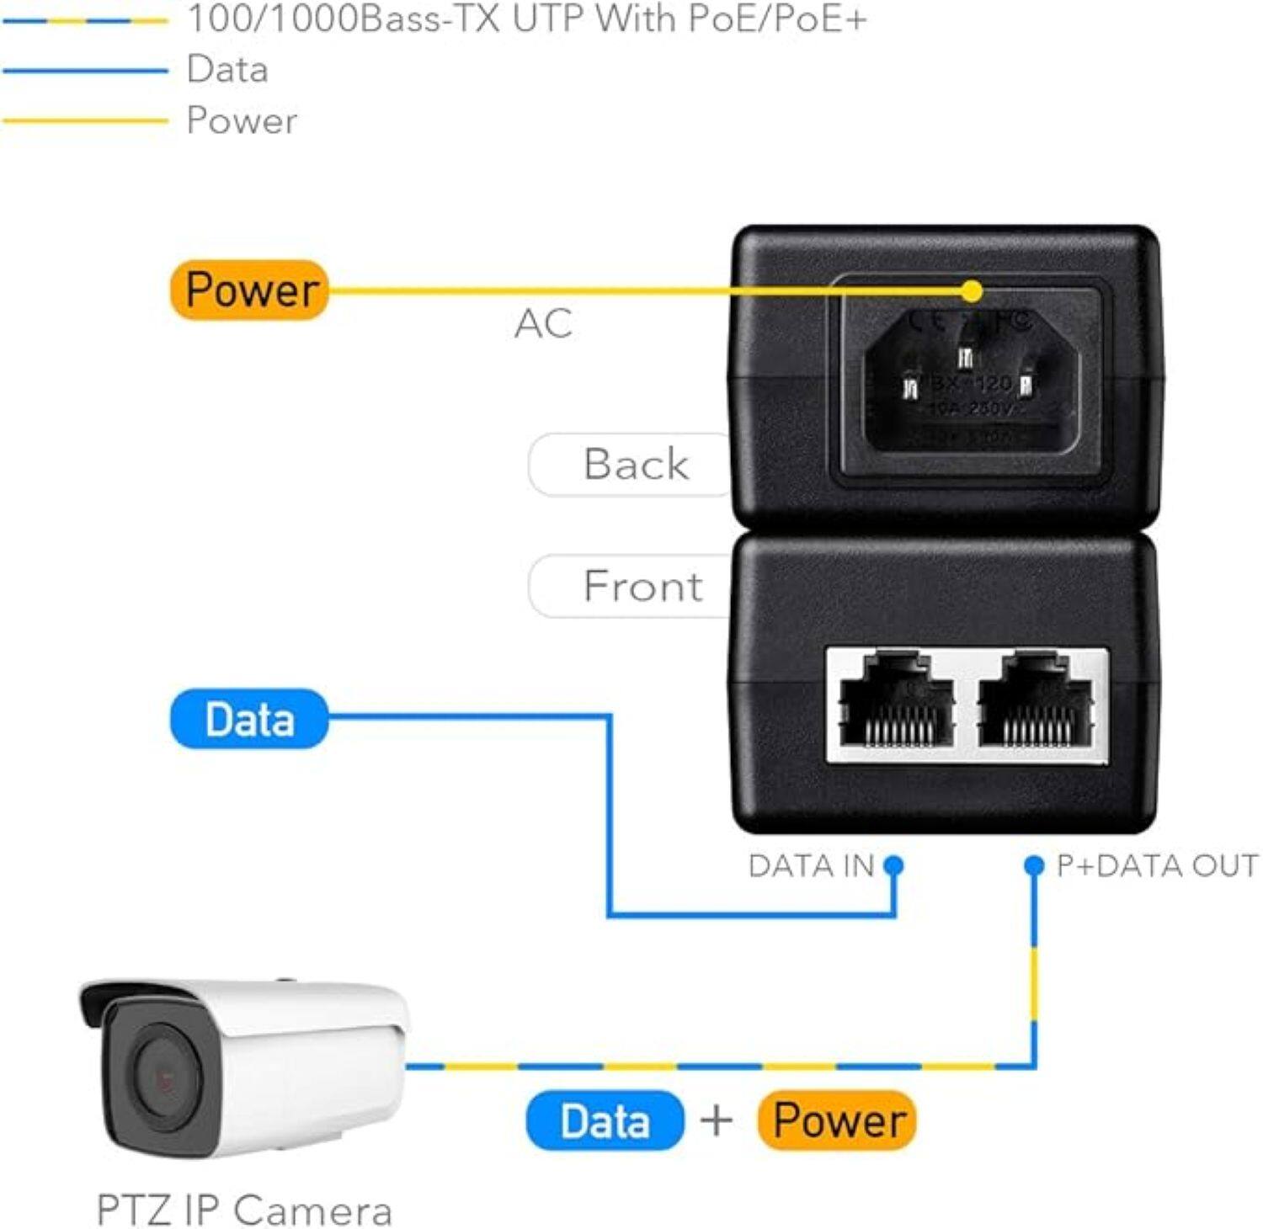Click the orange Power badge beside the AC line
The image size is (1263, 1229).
(x=249, y=290)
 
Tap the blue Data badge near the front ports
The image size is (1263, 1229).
(x=249, y=720)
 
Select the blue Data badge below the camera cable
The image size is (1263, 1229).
(x=605, y=1121)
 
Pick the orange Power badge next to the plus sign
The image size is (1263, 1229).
(x=837, y=1120)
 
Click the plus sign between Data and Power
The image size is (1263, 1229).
(x=717, y=1121)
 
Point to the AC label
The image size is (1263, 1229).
(x=543, y=324)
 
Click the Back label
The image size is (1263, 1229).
(x=636, y=465)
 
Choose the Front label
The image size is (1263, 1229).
(x=642, y=587)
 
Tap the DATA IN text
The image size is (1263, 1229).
(x=811, y=866)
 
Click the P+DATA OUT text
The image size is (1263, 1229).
(x=1157, y=866)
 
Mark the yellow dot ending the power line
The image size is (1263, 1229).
(x=972, y=291)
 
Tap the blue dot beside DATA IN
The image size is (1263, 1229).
(x=894, y=865)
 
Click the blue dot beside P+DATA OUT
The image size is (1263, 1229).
(x=1034, y=865)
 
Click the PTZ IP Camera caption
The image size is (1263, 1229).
(x=244, y=1210)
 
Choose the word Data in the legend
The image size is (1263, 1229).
(x=227, y=70)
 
